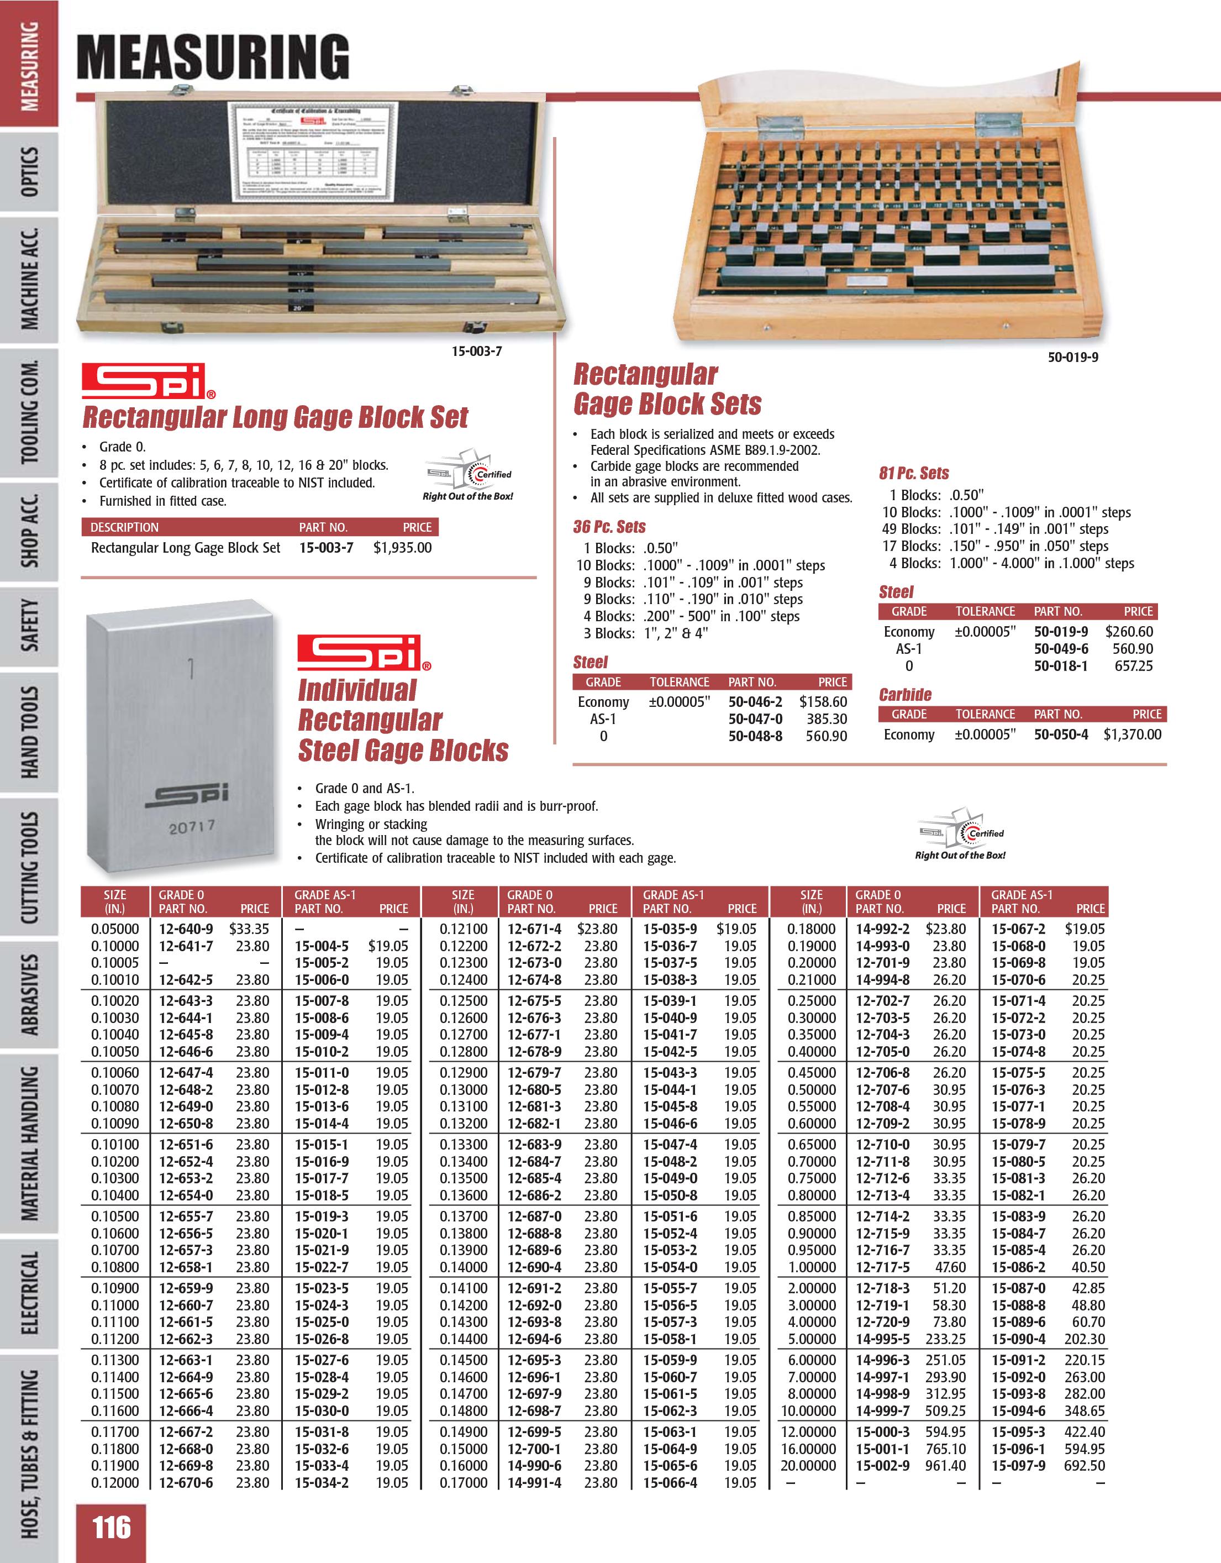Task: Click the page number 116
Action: tap(112, 1529)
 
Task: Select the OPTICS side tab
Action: tap(29, 172)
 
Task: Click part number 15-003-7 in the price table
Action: tap(326, 548)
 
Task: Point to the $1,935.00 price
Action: tap(402, 548)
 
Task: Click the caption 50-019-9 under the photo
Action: tap(1072, 357)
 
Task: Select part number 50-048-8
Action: tap(755, 736)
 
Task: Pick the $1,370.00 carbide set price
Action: tap(1132, 735)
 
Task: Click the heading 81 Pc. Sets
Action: tap(913, 473)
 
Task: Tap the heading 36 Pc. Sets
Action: tap(609, 527)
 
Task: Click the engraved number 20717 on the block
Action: tap(192, 828)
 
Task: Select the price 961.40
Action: tap(946, 1466)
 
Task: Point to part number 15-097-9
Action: tap(1018, 1466)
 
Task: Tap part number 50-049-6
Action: tap(1061, 649)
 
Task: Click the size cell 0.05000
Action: tap(114, 929)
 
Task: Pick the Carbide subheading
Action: tap(905, 694)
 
